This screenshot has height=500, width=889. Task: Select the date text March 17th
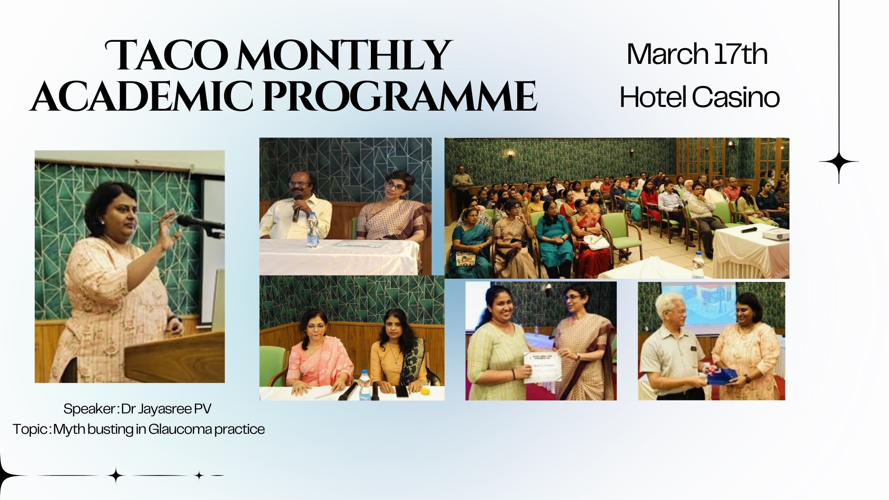(x=697, y=54)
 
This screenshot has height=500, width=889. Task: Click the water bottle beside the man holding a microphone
(x=313, y=230)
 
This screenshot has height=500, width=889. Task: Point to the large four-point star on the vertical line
(x=839, y=162)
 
